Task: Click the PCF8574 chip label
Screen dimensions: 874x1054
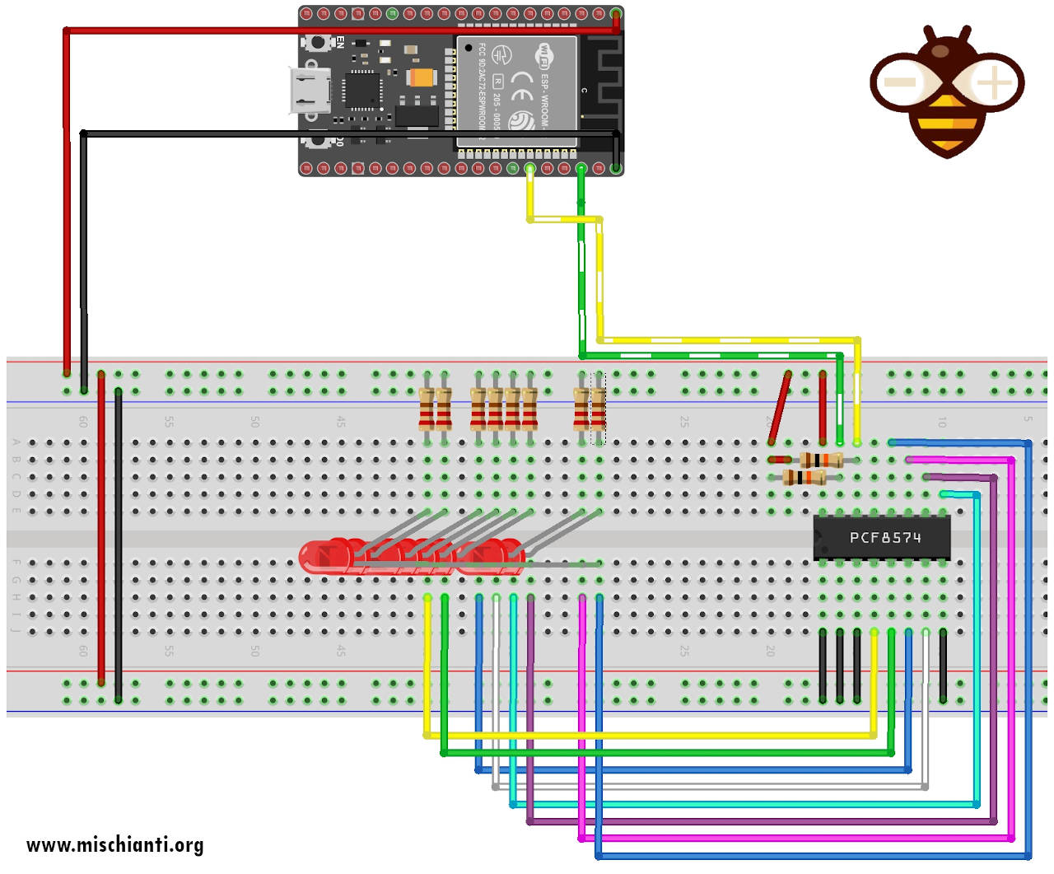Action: (x=885, y=538)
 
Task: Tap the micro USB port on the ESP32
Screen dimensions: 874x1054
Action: (x=310, y=91)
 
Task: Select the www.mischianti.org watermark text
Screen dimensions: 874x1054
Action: (x=114, y=845)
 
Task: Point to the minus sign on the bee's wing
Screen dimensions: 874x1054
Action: (x=899, y=82)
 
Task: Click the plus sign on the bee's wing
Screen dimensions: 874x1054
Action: (x=994, y=82)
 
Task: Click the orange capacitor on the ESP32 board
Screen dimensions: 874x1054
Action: (x=421, y=78)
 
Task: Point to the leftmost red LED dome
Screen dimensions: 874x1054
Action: (x=316, y=558)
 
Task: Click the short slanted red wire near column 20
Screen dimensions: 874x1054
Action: (x=779, y=409)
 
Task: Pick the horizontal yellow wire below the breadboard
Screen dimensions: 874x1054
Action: (x=651, y=735)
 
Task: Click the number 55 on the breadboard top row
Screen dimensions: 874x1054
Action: (x=169, y=422)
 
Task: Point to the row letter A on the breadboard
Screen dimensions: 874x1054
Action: (x=16, y=442)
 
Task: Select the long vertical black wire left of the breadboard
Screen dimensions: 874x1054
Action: (x=84, y=247)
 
